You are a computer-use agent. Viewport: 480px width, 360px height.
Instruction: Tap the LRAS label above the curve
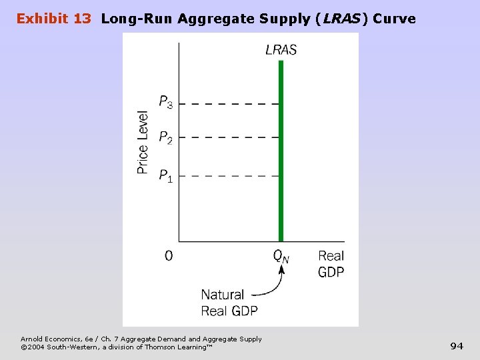click(281, 50)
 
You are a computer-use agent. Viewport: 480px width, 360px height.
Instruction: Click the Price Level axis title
click(143, 142)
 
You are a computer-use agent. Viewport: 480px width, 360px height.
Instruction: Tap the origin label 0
click(169, 256)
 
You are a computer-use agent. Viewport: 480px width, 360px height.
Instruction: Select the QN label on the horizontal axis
click(281, 256)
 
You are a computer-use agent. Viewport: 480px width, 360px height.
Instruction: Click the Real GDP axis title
click(331, 264)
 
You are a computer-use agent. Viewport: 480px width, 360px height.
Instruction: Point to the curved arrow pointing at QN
click(275, 283)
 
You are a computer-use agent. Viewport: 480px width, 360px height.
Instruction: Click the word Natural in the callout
click(223, 294)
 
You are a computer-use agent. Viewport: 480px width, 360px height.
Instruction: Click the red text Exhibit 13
click(54, 19)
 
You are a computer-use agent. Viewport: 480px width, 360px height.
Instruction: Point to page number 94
click(457, 345)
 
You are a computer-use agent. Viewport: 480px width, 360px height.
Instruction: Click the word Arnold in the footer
click(31, 339)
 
